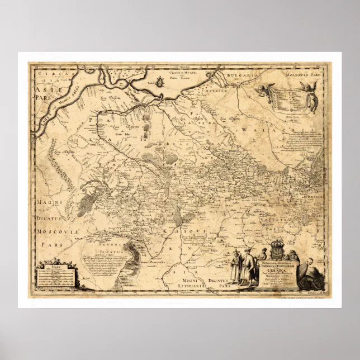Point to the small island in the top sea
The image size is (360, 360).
[x=159, y=82]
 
